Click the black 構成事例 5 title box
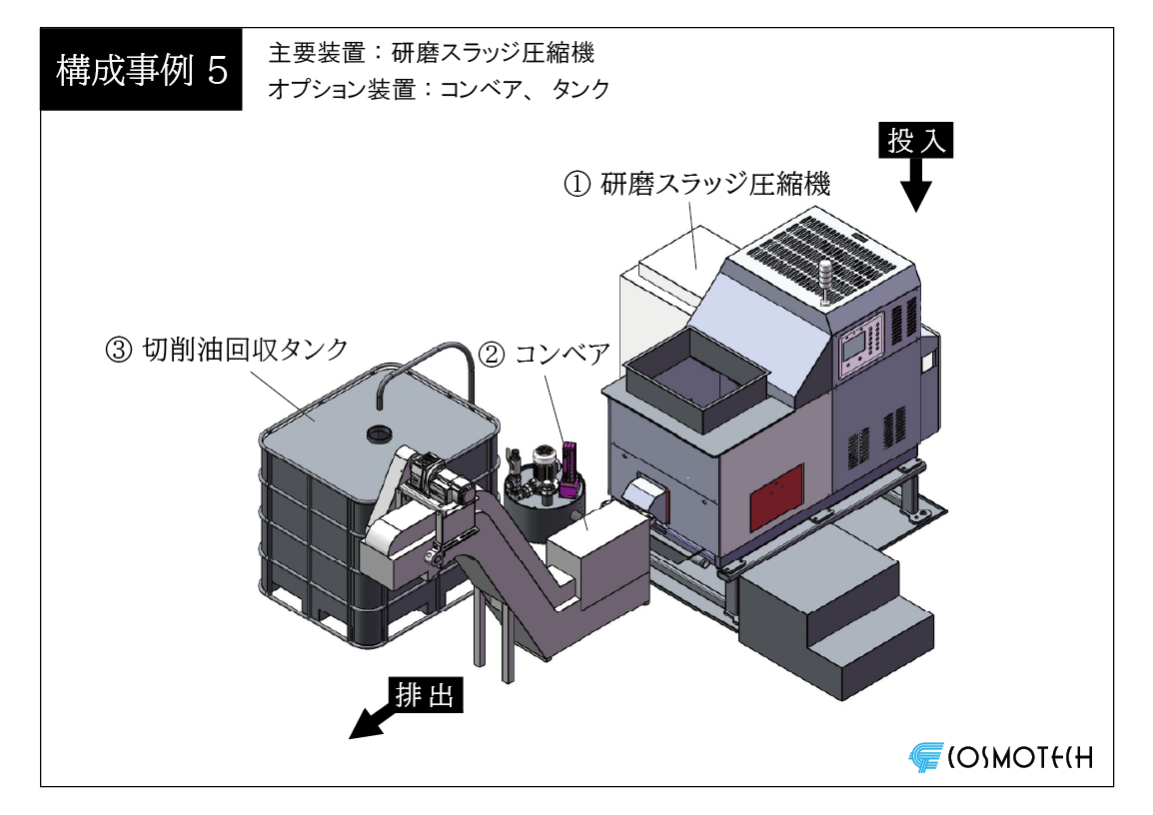[x=141, y=70]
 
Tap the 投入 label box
[x=915, y=141]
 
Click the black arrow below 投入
[x=915, y=185]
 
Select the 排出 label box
[x=426, y=694]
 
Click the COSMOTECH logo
[x=1001, y=757]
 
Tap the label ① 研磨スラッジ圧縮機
[x=697, y=184]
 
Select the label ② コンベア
[x=545, y=355]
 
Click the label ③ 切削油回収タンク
[x=227, y=350]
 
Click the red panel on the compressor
[x=776, y=498]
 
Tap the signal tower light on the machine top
[x=825, y=282]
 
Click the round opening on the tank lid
[x=380, y=434]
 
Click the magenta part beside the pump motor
[x=569, y=468]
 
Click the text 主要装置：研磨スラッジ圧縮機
[x=432, y=53]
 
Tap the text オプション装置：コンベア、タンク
[x=439, y=89]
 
